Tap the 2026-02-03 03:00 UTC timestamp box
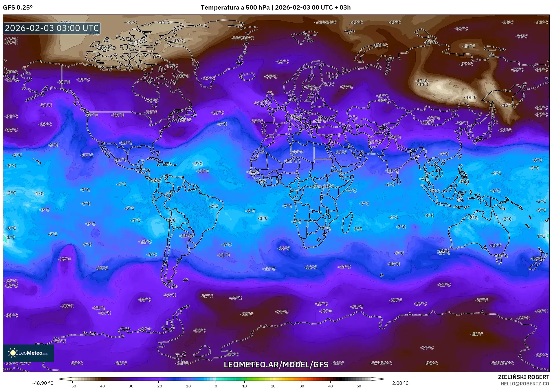tap(52, 28)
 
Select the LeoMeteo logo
tap(28, 353)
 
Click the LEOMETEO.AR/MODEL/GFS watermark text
tap(276, 365)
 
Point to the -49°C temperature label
tap(470, 97)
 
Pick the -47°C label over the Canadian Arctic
tap(141, 41)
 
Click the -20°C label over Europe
tap(295, 117)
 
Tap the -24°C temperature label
tap(60, 341)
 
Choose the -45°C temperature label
tap(421, 81)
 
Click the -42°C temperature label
tap(469, 46)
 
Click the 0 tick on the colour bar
tap(216, 386)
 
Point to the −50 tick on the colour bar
tap(73, 386)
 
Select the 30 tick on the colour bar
tap(302, 386)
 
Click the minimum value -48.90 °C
tap(43, 383)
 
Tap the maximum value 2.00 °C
tap(400, 383)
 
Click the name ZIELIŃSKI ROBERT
tap(523, 377)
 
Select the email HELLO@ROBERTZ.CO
tap(525, 384)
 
